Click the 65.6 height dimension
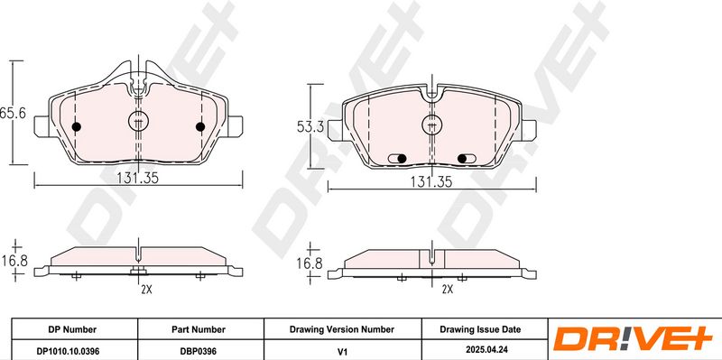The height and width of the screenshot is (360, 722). click(x=13, y=114)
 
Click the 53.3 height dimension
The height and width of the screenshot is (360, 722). click(x=308, y=126)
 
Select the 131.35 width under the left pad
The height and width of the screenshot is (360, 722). click(x=137, y=178)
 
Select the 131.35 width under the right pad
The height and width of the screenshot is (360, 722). click(x=431, y=182)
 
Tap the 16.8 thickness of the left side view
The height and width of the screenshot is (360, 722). click(x=14, y=261)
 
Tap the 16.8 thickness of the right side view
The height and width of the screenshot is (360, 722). click(x=309, y=263)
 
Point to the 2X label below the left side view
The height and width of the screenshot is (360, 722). click(x=146, y=290)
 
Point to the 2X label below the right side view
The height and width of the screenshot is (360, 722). click(x=447, y=290)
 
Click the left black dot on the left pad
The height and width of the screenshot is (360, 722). click(x=77, y=126)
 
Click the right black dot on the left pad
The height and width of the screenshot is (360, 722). click(x=200, y=126)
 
